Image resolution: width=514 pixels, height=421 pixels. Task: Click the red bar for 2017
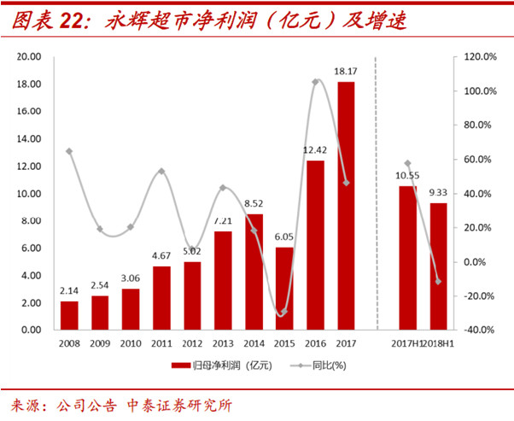[346, 206]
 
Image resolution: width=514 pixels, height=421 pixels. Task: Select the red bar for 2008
[69, 315]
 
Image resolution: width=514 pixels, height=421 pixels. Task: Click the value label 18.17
[346, 72]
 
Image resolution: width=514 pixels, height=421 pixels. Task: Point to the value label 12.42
[315, 150]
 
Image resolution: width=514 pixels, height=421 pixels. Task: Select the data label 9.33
[438, 193]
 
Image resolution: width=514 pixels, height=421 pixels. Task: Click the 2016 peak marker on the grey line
[315, 82]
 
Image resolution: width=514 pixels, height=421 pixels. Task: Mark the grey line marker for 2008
[69, 151]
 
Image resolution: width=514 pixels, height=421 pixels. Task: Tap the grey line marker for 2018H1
[438, 281]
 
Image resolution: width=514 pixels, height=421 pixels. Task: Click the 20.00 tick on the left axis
[31, 57]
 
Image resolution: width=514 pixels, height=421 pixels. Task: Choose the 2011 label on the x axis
[161, 344]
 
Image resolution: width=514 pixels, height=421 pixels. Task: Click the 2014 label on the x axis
[254, 344]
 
